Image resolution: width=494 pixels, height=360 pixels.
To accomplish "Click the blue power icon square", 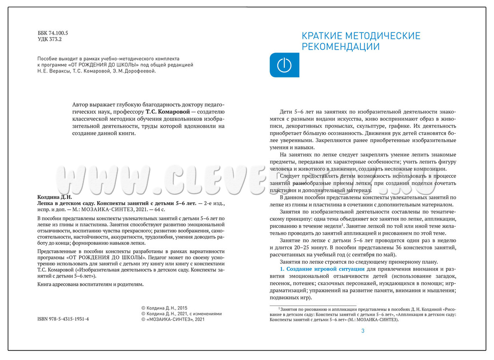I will (x=284, y=65).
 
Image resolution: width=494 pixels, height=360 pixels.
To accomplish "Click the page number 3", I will (x=363, y=331).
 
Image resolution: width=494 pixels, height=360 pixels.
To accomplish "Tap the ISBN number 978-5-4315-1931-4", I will (x=63, y=319).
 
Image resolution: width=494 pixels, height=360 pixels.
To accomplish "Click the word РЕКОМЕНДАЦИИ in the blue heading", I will (x=341, y=47).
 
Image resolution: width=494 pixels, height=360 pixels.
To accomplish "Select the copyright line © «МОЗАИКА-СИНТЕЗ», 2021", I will (x=173, y=319).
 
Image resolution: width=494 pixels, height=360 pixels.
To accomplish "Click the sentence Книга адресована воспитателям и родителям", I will (x=90, y=284).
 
